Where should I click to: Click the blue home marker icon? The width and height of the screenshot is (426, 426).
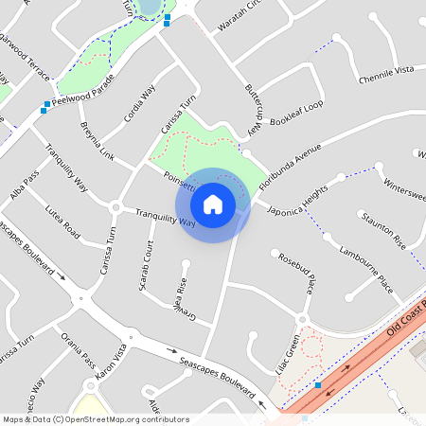click(213, 203)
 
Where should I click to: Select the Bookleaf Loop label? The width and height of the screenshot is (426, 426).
click(296, 114)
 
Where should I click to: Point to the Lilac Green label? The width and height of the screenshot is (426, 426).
click(293, 351)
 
